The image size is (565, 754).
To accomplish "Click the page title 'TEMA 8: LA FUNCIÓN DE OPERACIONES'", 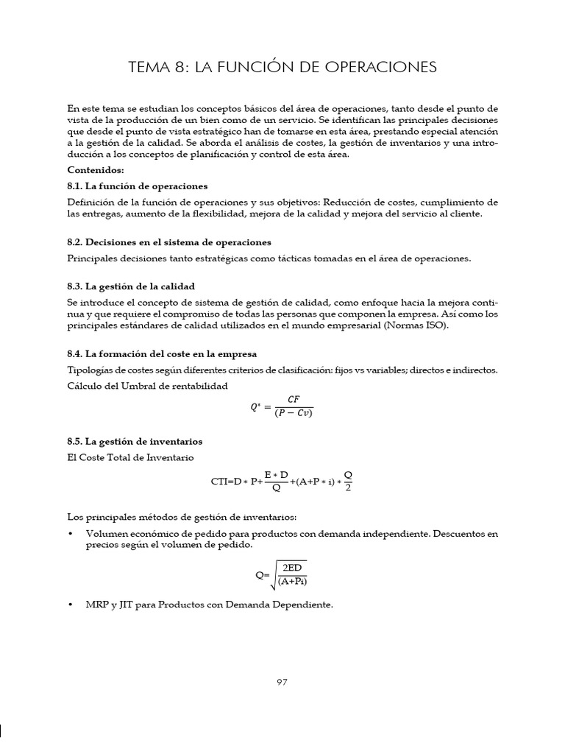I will pos(282,68).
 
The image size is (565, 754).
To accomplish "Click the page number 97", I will pos(282,682).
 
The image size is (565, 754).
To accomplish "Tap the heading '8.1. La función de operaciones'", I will pos(137,186).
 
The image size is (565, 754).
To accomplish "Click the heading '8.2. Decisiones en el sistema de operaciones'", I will pos(169,242).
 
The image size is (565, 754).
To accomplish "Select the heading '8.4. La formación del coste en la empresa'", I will pos(162,354).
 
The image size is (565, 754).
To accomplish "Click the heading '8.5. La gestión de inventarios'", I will pos(135,442).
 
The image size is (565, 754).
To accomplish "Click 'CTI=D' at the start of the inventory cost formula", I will pos(225,483).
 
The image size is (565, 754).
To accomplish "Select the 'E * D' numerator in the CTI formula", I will pos(276,475).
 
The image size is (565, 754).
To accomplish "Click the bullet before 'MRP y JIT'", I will pos(70,605).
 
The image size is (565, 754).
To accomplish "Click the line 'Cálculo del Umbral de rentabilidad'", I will pos(147,385).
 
